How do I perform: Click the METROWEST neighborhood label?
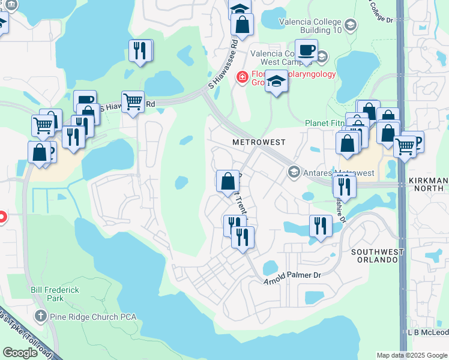point(259,142)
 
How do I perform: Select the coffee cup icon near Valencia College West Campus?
point(306,51)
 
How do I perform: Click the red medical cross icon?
point(243,77)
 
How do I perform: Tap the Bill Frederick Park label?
point(55,293)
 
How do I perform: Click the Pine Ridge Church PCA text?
point(94,316)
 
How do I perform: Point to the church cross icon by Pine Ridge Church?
point(40,316)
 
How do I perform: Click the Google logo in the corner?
point(20,353)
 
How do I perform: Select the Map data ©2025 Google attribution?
point(412,355)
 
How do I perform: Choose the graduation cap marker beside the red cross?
point(276,81)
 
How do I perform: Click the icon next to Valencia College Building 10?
point(351,25)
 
